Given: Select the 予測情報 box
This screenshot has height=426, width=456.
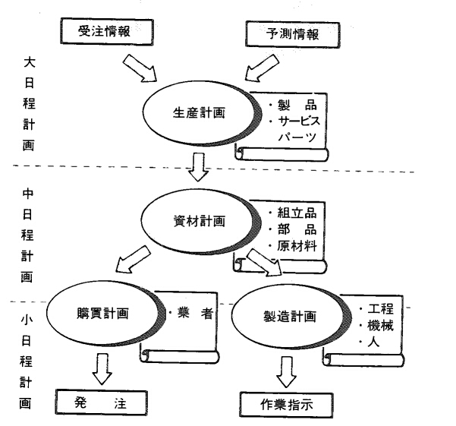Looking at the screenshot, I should click(291, 34).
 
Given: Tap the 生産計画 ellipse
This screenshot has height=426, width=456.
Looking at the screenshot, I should click(195, 115).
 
